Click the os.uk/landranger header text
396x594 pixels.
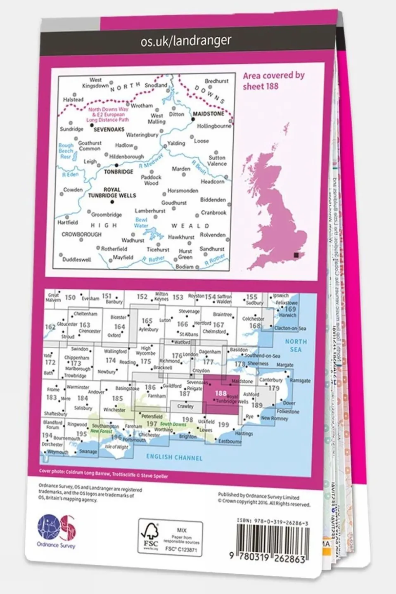coord(186,41)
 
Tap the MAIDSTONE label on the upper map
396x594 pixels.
coord(209,114)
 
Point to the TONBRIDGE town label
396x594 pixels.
coord(119,171)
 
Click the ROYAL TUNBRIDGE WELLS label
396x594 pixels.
coord(112,193)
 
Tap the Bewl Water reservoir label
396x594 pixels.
coord(141,223)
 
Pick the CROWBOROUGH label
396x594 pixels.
coord(81,234)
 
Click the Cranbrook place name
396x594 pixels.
coord(213,213)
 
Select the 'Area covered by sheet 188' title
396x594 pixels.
coord(273,80)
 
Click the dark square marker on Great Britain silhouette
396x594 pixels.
coord(296,256)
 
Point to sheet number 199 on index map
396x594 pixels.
coord(223,424)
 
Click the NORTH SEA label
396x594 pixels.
coord(296,346)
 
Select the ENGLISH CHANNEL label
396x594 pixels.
coord(174,457)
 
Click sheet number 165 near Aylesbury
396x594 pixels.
coord(147,321)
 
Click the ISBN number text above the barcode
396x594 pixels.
coord(273,523)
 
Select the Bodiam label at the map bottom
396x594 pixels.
coord(184,267)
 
